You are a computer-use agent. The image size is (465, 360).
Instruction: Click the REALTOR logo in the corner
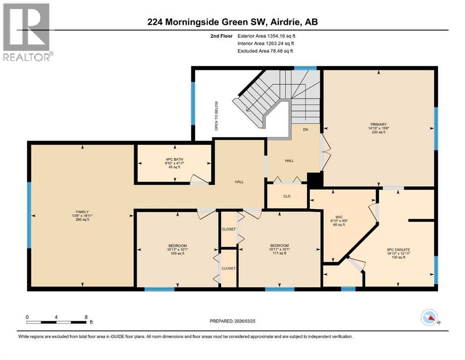pos(27,31)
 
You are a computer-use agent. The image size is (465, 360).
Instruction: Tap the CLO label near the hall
pos(287,196)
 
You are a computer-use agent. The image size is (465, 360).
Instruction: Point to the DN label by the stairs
pos(305,130)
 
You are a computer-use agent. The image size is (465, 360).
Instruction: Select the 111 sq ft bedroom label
pos(279,249)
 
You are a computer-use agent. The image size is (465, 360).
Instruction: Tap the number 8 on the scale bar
pos(86,317)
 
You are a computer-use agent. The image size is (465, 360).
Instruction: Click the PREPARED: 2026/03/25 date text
pos(232,321)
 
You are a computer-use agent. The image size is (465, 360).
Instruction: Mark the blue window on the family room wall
pos(29,215)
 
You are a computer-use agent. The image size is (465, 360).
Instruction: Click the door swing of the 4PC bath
pos(198,180)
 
